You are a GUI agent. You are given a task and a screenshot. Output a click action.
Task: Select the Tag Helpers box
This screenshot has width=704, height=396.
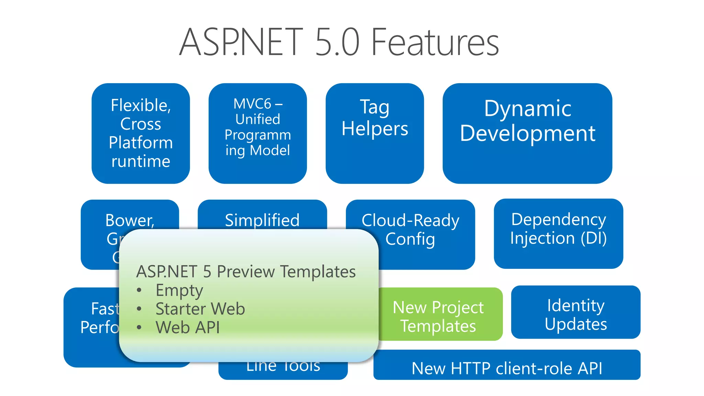pos(375,133)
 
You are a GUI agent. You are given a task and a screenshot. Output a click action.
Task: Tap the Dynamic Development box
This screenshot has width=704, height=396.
pos(527,133)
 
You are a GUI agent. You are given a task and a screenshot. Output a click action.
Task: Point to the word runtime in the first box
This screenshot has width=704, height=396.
pos(141,161)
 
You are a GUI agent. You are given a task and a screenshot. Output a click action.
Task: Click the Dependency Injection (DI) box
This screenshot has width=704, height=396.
pos(558,233)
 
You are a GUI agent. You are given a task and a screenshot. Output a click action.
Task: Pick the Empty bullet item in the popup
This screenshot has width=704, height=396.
pos(179,290)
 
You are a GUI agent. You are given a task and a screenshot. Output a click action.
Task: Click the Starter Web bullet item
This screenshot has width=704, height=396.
pos(200,309)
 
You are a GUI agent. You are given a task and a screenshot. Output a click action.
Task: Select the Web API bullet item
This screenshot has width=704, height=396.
pos(188,327)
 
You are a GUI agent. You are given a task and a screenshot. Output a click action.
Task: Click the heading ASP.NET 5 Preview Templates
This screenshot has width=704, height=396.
pos(246,272)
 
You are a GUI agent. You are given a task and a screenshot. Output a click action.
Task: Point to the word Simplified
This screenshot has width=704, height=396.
pos(262,220)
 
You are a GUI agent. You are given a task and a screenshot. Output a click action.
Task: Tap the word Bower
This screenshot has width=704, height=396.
pos(130,220)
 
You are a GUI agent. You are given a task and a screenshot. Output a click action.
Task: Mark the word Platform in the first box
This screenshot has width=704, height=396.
pos(141,142)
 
